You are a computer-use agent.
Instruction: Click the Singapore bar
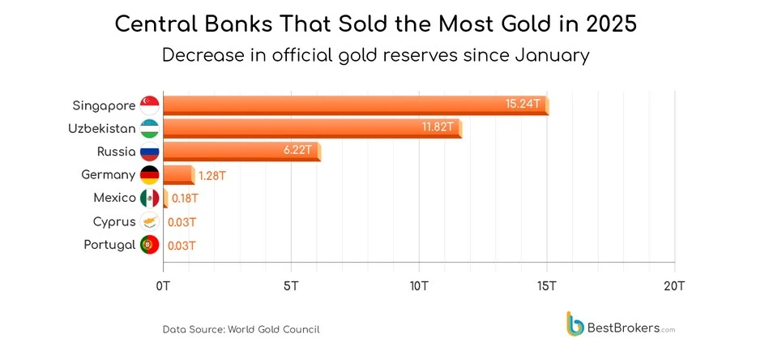click(x=355, y=105)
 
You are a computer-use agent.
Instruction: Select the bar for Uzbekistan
click(x=312, y=128)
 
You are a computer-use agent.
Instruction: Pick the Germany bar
click(x=178, y=174)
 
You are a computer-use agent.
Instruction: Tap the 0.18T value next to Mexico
click(x=185, y=198)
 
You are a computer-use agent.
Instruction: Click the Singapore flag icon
click(x=149, y=105)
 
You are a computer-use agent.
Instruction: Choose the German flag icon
click(x=149, y=174)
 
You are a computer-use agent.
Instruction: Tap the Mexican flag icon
click(x=149, y=198)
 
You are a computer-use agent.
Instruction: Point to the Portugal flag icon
click(x=149, y=244)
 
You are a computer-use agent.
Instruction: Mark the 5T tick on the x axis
click(x=291, y=285)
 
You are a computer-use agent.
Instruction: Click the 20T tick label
click(x=674, y=285)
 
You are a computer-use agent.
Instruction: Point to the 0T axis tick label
click(x=163, y=285)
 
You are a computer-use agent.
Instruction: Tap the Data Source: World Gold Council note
click(x=241, y=329)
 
